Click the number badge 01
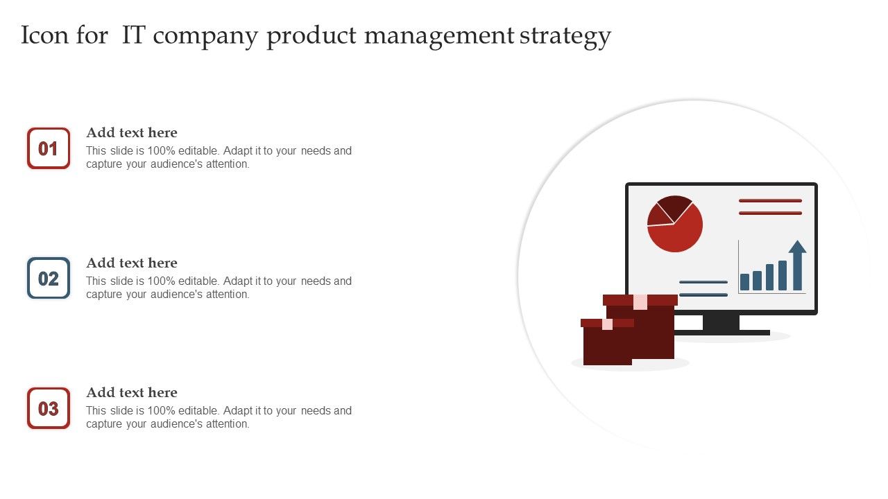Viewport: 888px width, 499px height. pos(49,148)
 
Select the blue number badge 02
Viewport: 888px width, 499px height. pos(49,278)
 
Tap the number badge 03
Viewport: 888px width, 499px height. pos(49,408)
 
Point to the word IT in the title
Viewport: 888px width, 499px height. pos(134,35)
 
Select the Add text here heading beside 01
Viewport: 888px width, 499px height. pos(132,132)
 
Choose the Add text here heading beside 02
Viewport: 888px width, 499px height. pos(132,263)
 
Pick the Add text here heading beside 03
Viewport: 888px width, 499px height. pos(132,392)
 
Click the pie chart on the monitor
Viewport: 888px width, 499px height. pos(675,224)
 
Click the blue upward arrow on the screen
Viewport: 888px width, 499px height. pos(797,265)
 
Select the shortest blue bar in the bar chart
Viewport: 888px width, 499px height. pos(744,282)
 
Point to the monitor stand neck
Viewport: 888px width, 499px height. pos(721,322)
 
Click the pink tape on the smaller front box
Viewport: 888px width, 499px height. pos(607,324)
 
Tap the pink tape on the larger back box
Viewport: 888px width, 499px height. pos(640,301)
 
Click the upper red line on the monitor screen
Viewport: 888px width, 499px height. pos(770,201)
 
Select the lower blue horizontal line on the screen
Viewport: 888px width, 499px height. pos(703,295)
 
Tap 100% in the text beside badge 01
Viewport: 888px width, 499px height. pos(161,150)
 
